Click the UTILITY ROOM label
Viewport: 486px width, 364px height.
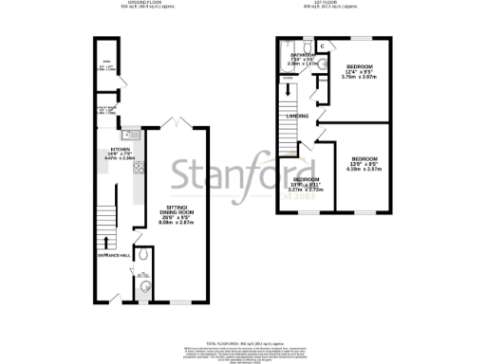[x=106, y=110]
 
